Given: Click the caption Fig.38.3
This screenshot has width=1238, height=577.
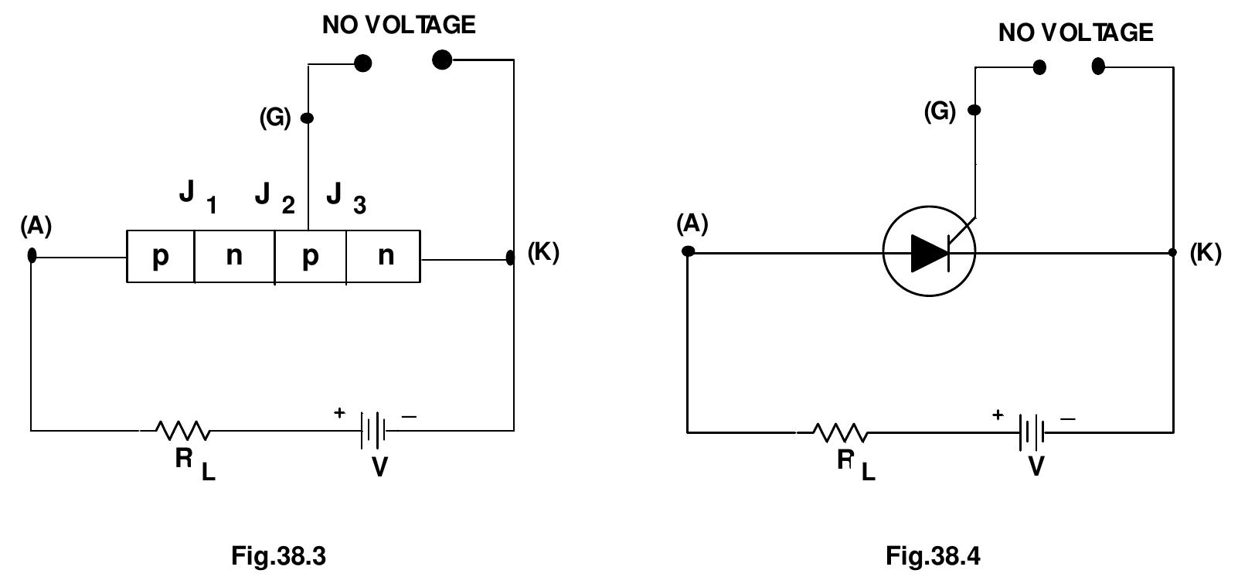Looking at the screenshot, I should [x=278, y=555].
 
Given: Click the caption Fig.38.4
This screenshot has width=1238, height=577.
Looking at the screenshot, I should [x=933, y=555].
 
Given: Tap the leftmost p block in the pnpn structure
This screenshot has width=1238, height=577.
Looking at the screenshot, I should [x=160, y=256].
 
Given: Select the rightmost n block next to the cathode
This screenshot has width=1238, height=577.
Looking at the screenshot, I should [x=385, y=256].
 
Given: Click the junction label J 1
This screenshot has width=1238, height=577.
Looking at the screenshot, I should [x=197, y=196].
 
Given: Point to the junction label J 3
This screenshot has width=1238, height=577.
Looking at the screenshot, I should [x=345, y=196].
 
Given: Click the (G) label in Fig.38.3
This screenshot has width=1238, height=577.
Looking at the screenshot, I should [x=275, y=118].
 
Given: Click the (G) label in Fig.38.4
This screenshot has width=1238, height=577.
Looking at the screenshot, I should [x=940, y=111].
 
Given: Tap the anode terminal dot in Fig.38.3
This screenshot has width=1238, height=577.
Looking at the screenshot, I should [x=32, y=254].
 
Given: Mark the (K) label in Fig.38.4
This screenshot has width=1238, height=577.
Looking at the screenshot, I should [x=1206, y=253].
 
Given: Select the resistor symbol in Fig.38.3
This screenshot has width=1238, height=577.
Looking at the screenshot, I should [x=182, y=430].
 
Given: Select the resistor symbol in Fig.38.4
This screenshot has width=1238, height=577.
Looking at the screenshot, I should [x=840, y=432].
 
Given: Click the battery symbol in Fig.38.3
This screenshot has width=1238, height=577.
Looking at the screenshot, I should [x=372, y=430].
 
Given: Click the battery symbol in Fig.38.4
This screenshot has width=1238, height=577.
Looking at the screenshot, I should [x=1032, y=432].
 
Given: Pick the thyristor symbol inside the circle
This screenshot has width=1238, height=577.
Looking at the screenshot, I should [x=930, y=251].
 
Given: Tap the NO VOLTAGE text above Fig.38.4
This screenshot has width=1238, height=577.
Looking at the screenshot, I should [x=1075, y=32].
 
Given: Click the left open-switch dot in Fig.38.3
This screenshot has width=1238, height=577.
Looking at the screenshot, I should [x=362, y=63].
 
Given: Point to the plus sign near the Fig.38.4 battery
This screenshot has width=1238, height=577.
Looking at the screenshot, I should [x=998, y=415].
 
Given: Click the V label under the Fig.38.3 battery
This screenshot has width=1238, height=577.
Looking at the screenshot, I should [x=379, y=467].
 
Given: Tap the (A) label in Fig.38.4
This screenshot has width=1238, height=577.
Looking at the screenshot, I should [x=692, y=224].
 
